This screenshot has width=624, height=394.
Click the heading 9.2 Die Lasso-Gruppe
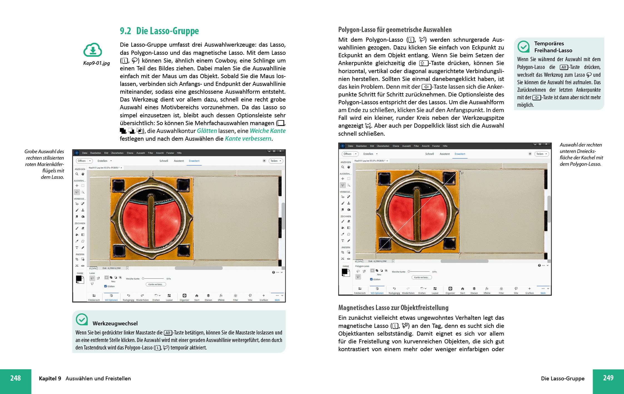(x=159, y=31)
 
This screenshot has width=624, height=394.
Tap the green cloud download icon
(x=93, y=50)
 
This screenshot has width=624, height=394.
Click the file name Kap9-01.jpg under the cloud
(x=96, y=63)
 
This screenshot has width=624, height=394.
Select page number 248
(x=16, y=378)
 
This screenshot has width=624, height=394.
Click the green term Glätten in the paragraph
(x=207, y=131)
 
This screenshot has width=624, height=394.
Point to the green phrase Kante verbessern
(x=248, y=138)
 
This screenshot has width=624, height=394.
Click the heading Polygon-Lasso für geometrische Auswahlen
(x=395, y=30)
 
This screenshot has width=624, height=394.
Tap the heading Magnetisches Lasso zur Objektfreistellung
(x=393, y=308)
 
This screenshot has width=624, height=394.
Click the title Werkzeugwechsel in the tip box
(x=115, y=323)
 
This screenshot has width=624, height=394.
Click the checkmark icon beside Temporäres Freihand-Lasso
(x=523, y=47)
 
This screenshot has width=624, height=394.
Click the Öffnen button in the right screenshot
(x=348, y=154)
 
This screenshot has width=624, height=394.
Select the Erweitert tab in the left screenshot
(x=194, y=161)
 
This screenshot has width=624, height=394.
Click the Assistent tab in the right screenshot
(x=444, y=154)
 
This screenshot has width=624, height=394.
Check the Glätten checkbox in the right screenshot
(x=372, y=279)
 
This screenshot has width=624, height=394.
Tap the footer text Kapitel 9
(x=50, y=378)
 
